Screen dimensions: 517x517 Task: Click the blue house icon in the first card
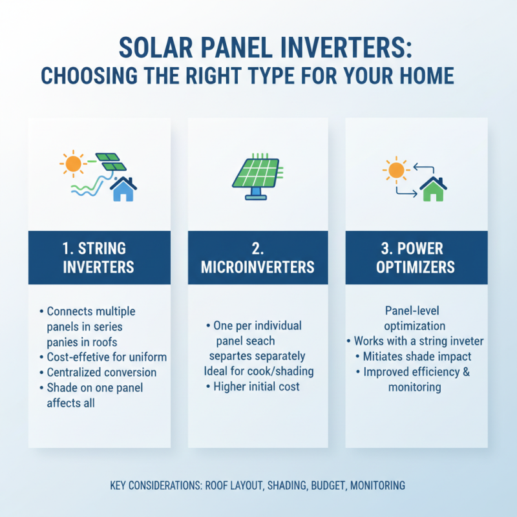tap(123, 189)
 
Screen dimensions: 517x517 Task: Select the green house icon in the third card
tap(433, 189)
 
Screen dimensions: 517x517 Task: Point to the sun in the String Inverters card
tap(73, 163)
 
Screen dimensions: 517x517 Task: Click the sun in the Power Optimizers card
tap(396, 171)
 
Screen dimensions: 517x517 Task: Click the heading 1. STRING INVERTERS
tap(100, 257)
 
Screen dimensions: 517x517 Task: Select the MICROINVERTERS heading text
tap(258, 267)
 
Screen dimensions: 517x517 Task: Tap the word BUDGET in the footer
tap(326, 485)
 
